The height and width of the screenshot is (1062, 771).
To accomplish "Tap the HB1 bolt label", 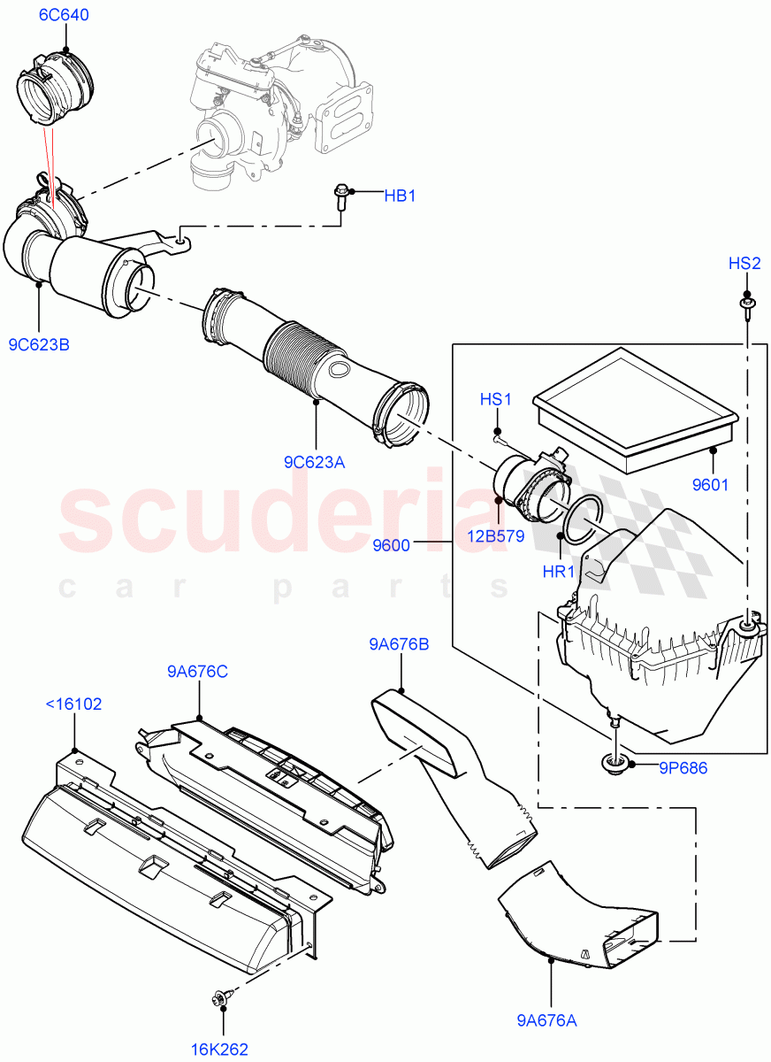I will [399, 196].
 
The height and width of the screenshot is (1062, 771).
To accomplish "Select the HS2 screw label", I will [744, 263].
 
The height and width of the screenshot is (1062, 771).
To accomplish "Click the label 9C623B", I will [39, 344].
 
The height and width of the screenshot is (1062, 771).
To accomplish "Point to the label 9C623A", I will [314, 461].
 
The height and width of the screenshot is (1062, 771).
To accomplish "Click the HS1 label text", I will [496, 400].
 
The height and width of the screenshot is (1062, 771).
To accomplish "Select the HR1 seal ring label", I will [559, 572].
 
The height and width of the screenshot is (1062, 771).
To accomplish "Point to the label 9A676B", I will [399, 644].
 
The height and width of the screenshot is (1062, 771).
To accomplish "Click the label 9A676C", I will [197, 671].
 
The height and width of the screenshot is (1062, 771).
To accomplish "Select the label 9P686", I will [682, 768].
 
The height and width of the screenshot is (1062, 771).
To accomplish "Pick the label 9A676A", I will [546, 1020].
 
